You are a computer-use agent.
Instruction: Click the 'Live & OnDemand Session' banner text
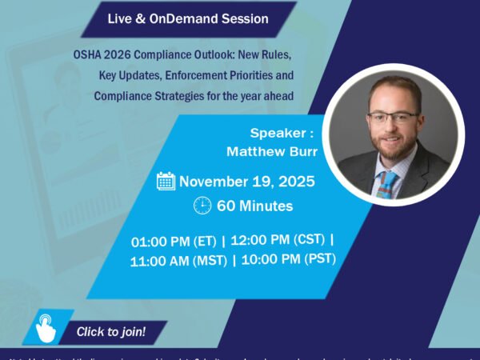click(x=187, y=18)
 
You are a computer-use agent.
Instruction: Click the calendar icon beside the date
click(x=166, y=181)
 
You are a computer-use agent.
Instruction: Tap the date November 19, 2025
click(x=246, y=182)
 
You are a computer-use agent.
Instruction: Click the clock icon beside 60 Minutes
click(x=202, y=206)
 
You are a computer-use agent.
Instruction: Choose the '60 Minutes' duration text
click(x=254, y=206)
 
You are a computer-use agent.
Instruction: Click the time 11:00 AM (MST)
click(x=178, y=259)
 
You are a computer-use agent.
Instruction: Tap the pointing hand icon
click(x=47, y=328)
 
